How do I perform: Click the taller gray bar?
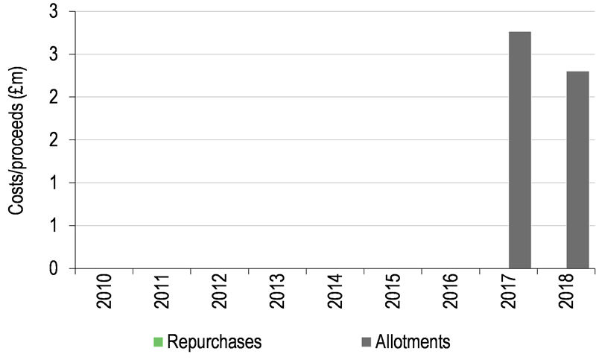tap(519, 149)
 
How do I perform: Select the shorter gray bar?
tap(577, 169)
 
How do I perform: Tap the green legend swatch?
tap(158, 342)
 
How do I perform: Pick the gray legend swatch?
tap(366, 342)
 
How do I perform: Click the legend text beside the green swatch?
tap(217, 343)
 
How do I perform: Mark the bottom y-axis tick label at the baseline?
tap(54, 268)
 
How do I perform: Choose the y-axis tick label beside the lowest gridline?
tap(54, 225)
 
